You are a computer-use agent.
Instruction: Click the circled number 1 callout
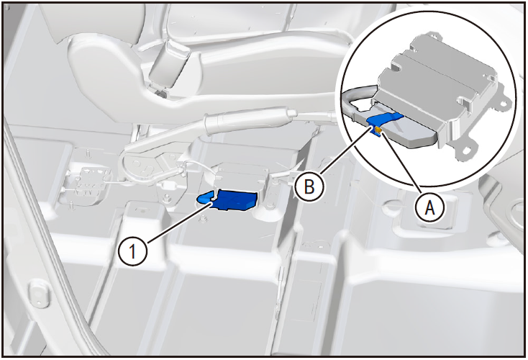click(x=133, y=251)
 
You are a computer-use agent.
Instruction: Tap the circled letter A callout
click(x=429, y=207)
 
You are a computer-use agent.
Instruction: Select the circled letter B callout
click(x=309, y=186)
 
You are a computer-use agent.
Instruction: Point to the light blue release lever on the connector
click(x=205, y=198)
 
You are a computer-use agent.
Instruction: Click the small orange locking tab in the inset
click(x=378, y=130)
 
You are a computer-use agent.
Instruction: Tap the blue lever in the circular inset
click(x=385, y=121)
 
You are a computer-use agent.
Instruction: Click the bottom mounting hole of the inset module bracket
click(x=466, y=150)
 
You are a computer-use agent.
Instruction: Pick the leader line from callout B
click(x=344, y=150)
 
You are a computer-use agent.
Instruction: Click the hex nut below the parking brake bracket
click(x=203, y=220)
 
